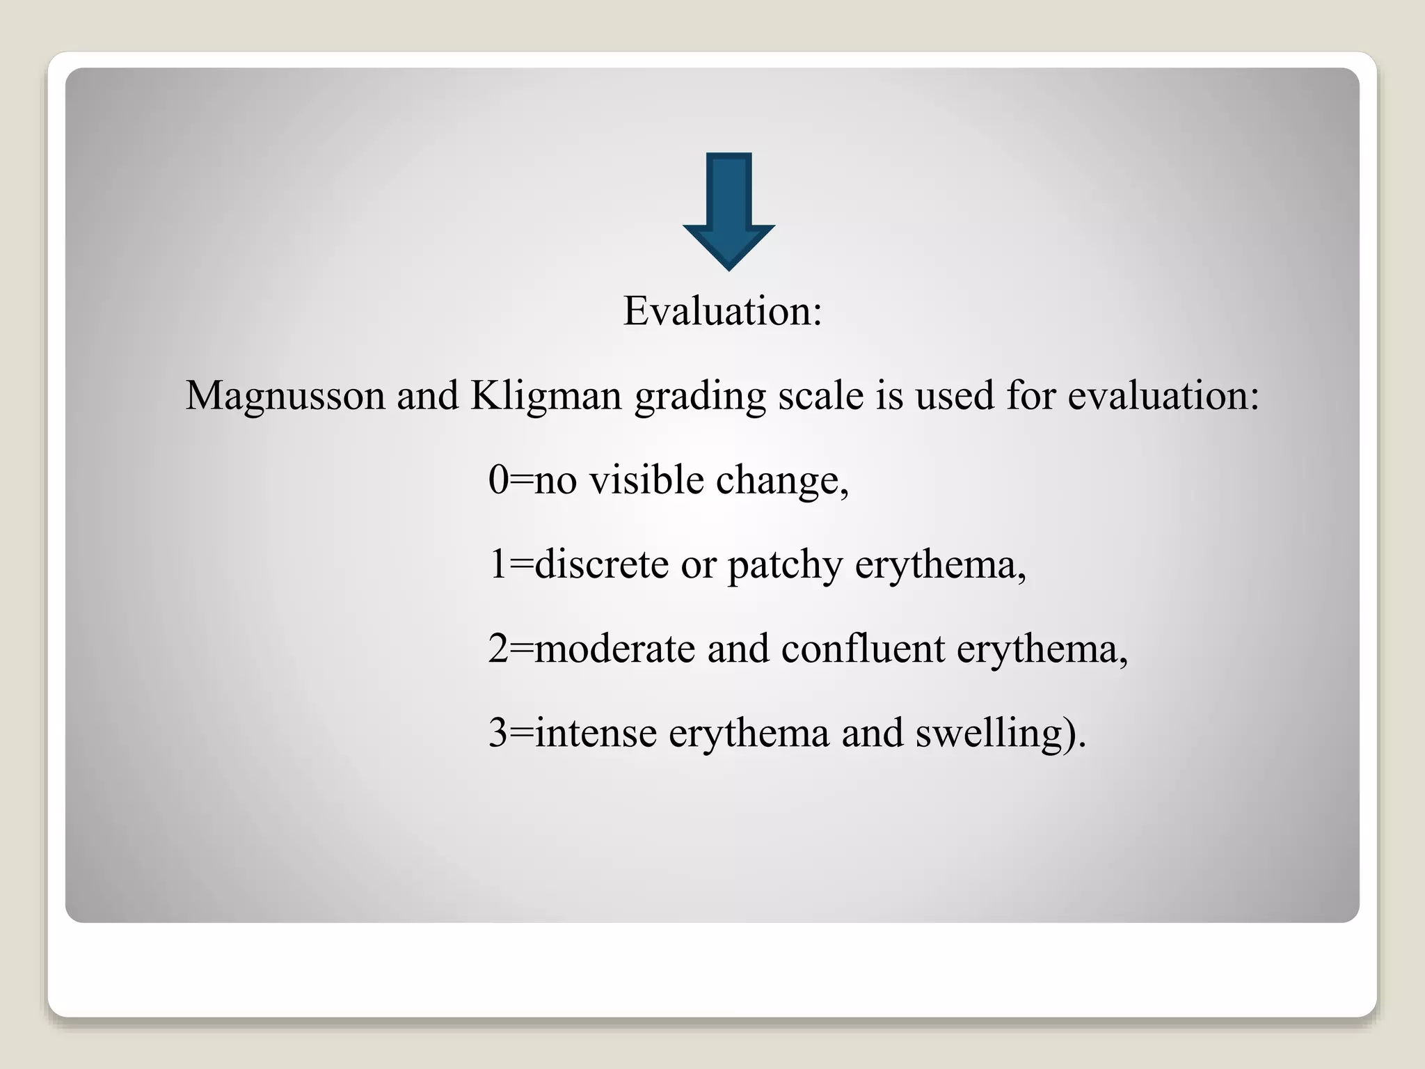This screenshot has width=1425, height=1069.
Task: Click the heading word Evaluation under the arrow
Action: click(x=717, y=310)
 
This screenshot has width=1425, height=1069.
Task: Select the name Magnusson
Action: click(x=285, y=395)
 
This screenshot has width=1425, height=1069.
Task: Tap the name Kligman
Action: click(x=546, y=395)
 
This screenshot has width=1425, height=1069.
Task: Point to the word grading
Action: click(x=700, y=395)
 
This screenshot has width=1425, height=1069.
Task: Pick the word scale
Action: click(x=820, y=395)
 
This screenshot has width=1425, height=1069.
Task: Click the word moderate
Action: click(x=614, y=649)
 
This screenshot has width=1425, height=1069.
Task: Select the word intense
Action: click(x=596, y=733)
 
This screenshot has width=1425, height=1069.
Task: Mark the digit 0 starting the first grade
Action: click(x=498, y=480)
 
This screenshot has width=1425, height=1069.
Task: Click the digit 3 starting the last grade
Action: click(x=498, y=733)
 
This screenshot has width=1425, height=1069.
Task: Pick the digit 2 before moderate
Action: click(x=498, y=649)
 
